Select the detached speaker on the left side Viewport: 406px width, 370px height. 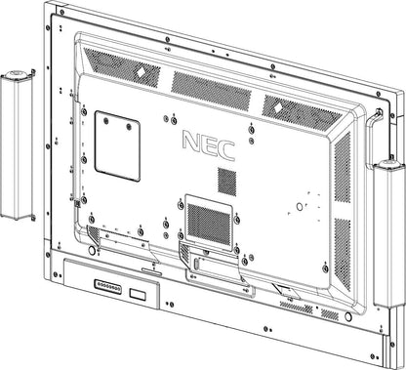(20, 146)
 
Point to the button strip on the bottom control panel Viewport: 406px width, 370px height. (106, 287)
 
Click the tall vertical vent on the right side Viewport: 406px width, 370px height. (342, 166)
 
